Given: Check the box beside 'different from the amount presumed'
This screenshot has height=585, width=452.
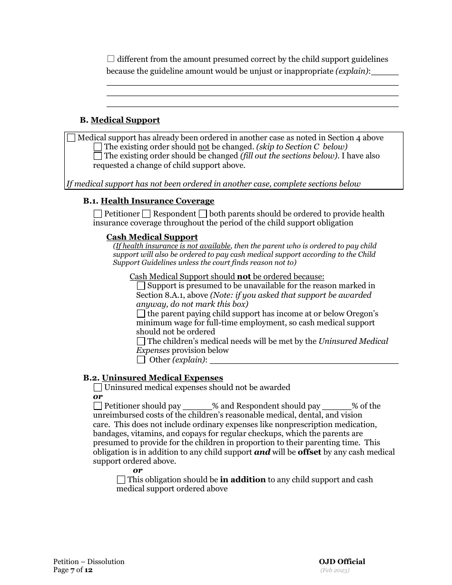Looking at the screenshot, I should (x=111, y=59).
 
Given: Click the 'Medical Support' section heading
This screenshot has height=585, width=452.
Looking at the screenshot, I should (x=125, y=120).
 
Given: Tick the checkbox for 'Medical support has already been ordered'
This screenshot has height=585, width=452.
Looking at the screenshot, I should (x=71, y=138).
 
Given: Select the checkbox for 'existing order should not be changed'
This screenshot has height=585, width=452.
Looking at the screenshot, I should (x=98, y=147).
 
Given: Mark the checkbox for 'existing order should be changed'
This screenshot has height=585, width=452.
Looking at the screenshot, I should (x=98, y=156).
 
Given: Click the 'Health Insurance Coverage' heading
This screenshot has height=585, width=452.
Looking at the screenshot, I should (x=157, y=201).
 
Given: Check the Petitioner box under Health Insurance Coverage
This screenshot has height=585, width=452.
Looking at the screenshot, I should (x=98, y=214).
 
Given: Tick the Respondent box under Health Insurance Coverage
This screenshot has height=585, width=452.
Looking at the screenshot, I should (x=147, y=214).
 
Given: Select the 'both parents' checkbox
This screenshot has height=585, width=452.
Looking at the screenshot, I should (x=203, y=214).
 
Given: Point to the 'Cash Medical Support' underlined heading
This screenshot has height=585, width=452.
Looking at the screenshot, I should (x=152, y=237).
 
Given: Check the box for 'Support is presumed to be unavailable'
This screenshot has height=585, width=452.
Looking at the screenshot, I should (x=141, y=286).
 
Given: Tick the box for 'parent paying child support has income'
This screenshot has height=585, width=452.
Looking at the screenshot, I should (x=141, y=314).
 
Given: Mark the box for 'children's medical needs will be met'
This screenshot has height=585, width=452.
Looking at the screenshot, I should (x=141, y=341).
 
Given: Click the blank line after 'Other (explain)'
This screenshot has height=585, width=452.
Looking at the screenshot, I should (x=307, y=360).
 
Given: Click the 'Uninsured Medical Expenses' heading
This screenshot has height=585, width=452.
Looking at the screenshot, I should (x=162, y=378).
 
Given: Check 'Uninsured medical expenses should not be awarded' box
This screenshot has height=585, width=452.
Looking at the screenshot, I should (x=98, y=388).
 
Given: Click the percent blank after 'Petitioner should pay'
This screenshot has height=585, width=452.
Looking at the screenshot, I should (x=197, y=406).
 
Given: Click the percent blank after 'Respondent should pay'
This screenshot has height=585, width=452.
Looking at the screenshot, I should (x=337, y=406).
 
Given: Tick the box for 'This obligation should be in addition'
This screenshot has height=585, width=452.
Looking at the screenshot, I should (x=121, y=480).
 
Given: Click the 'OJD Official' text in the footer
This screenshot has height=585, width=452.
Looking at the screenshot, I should (x=342, y=562).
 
